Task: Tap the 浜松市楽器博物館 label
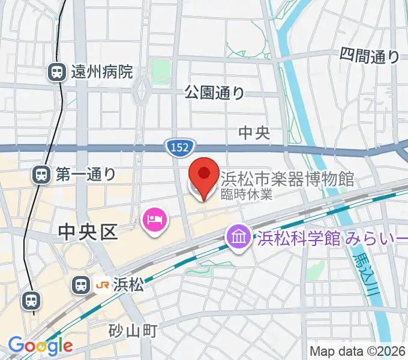tap(288, 178)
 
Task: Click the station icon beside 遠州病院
tap(57, 73)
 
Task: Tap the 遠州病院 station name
tap(101, 73)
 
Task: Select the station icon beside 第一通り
tap(41, 175)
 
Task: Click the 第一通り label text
tap(86, 175)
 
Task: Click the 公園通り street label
tap(214, 92)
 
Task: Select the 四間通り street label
tap(369, 56)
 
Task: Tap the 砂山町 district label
tap(133, 330)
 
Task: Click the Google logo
tap(40, 346)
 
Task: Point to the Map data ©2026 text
tap(358, 351)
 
